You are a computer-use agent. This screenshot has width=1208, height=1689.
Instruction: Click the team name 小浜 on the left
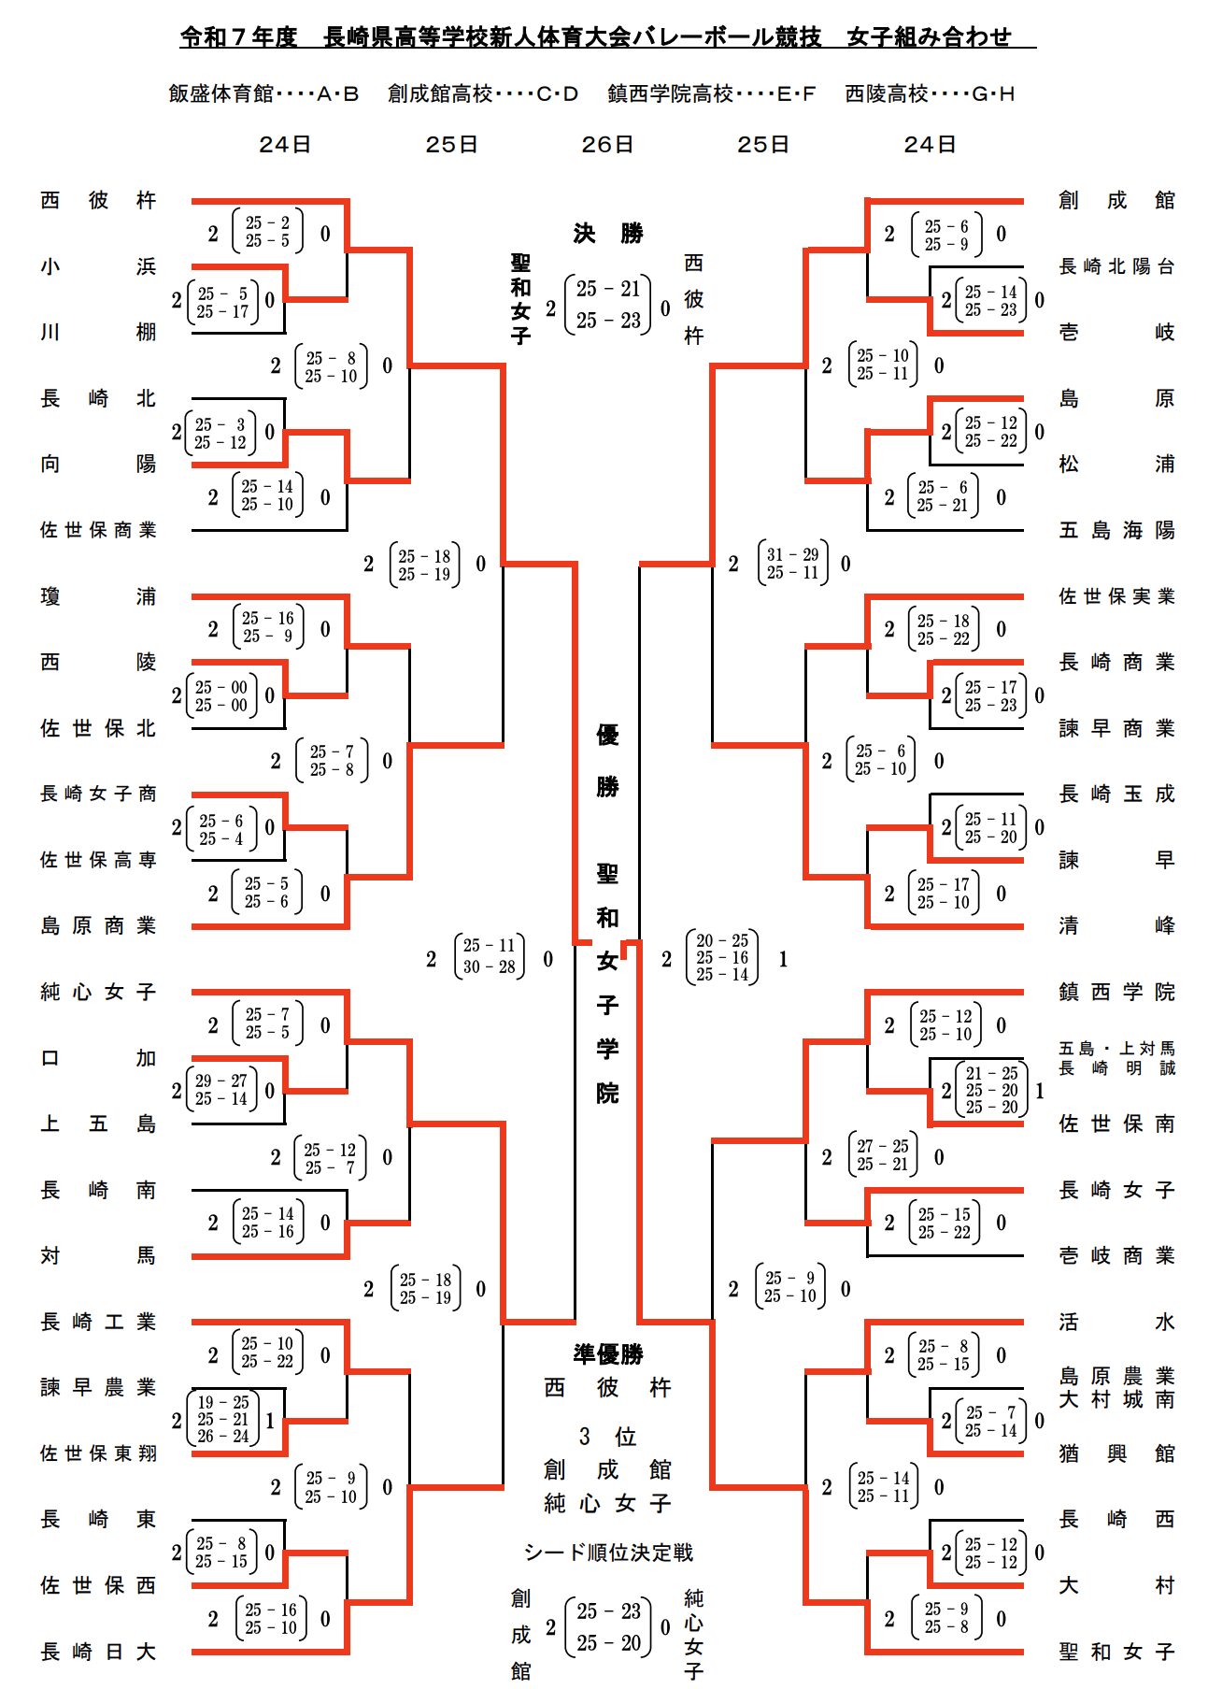point(98,266)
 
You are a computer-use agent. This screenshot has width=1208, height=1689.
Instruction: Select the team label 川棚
point(98,332)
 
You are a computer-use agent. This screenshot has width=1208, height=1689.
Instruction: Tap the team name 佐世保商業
point(98,530)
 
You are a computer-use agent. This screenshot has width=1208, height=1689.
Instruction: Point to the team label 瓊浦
point(98,596)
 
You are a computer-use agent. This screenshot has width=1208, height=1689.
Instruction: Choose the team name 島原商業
point(98,925)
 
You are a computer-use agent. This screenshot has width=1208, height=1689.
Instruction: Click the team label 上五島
point(98,1124)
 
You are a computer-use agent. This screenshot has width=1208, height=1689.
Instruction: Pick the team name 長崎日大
point(98,1652)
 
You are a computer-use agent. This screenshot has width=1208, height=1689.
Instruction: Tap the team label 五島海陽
point(1116,530)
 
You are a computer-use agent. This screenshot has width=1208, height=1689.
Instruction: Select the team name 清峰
point(1116,925)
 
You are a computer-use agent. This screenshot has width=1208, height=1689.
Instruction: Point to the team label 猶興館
point(1116,1453)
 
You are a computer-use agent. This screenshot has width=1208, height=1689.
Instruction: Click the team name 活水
point(1116,1322)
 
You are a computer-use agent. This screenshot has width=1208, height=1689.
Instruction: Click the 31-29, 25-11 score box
point(792,564)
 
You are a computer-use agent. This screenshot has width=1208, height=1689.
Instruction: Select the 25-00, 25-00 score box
point(222,696)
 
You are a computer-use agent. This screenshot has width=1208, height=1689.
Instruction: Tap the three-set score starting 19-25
point(222,1420)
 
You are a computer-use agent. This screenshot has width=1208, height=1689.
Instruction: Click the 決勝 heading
point(608,234)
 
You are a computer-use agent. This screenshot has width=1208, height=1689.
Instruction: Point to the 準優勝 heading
point(608,1353)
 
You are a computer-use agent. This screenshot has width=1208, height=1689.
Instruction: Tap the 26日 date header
point(607,145)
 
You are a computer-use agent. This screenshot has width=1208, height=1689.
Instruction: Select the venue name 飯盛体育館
point(220,93)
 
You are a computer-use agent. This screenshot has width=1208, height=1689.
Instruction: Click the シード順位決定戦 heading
point(608,1553)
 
